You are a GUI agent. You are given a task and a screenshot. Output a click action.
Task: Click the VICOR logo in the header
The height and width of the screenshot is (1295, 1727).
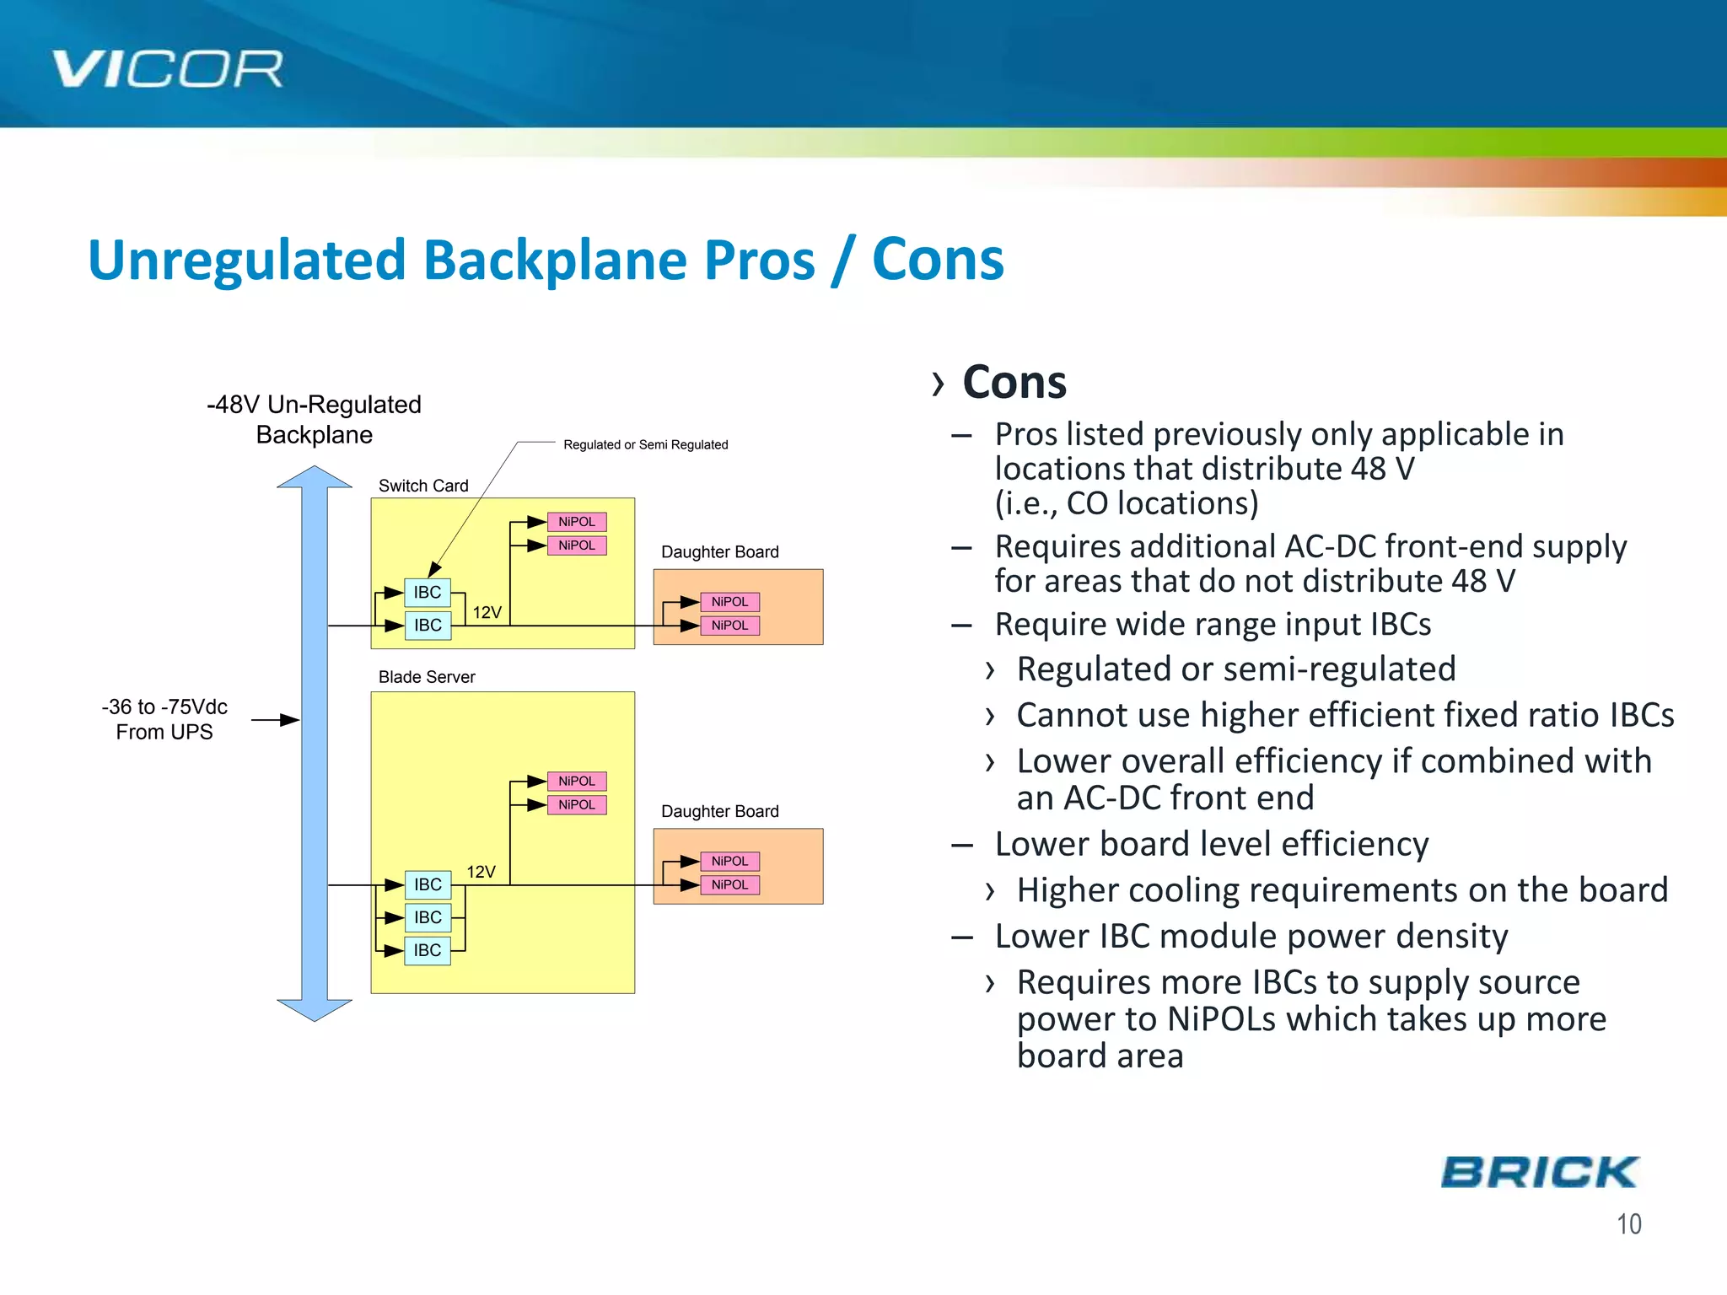(x=167, y=69)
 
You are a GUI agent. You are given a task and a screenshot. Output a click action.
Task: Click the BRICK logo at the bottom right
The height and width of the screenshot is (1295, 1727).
(x=1539, y=1173)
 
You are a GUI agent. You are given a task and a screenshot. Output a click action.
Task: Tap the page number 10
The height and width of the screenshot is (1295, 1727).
(x=1628, y=1224)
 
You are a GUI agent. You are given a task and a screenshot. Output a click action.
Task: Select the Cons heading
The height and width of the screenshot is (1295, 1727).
(x=1014, y=382)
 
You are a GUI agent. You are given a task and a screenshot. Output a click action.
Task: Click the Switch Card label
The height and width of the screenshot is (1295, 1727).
(x=423, y=486)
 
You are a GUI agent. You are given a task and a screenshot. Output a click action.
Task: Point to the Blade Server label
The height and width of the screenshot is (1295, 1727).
(x=427, y=677)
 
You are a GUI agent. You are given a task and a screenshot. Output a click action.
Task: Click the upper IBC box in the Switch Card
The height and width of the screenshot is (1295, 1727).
(x=428, y=593)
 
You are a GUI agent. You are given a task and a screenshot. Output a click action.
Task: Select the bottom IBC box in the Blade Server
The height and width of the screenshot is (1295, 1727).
(x=428, y=950)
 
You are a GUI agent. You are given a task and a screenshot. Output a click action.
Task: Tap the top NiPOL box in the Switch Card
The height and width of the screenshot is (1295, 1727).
(x=577, y=522)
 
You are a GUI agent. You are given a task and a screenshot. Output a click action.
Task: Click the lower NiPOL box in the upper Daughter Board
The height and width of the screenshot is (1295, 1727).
(x=730, y=626)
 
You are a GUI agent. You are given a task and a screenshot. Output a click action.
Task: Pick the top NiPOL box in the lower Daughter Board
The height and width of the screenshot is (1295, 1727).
(x=730, y=861)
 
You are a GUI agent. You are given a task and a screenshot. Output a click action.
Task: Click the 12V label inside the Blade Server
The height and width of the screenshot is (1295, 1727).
(x=482, y=872)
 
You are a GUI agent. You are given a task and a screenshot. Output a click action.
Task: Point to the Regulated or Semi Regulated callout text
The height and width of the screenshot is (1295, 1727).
(x=645, y=444)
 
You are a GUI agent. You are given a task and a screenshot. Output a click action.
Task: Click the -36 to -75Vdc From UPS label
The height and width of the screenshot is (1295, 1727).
(x=164, y=719)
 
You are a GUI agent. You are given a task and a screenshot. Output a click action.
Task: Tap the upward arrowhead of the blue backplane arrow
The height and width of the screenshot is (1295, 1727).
(x=315, y=478)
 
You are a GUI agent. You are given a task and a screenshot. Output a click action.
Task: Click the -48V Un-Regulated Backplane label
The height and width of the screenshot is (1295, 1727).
(x=314, y=419)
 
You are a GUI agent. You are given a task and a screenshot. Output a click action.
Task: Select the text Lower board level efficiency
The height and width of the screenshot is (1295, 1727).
(x=1211, y=844)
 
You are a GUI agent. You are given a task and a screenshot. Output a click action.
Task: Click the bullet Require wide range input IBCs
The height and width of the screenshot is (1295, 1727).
(x=1212, y=625)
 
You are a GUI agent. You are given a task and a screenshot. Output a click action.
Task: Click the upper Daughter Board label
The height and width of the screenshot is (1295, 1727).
(x=719, y=552)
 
